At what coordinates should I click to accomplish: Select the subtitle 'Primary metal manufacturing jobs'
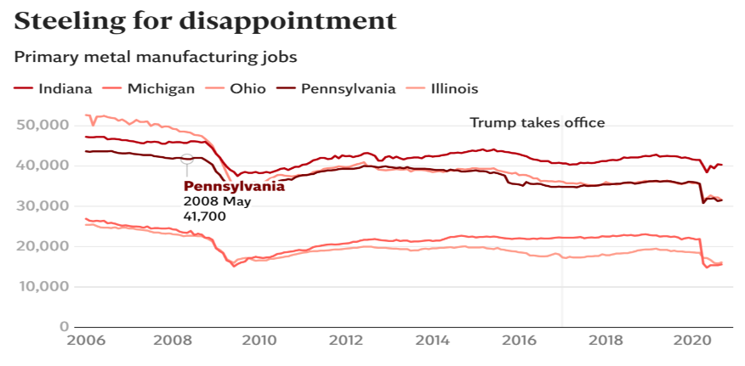click(x=155, y=58)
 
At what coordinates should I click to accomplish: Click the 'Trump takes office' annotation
click(x=537, y=123)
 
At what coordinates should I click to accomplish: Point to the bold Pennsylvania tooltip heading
click(x=234, y=187)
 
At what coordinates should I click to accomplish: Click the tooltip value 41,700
click(x=204, y=217)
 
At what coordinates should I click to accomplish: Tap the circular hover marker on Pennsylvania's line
click(x=187, y=159)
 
